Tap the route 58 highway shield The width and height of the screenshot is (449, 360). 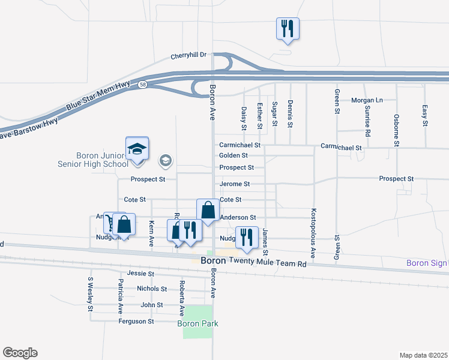pos(142,85)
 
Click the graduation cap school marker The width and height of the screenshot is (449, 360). pos(137,149)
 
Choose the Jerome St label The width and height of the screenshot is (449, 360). pos(234,184)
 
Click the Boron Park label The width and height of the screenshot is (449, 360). pos(197,323)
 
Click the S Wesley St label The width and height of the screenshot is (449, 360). pos(90,294)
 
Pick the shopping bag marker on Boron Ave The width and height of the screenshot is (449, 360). pos(208,211)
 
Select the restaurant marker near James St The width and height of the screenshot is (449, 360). pos(246,238)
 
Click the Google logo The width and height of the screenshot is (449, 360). pos(20,353)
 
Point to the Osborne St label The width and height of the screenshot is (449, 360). pos(396,130)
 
